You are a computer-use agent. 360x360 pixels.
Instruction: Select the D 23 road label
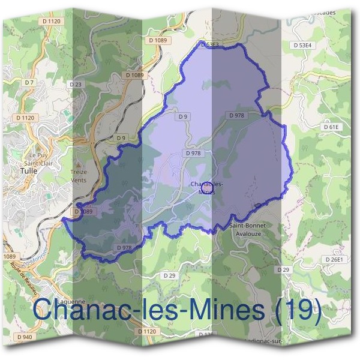tap(75, 85)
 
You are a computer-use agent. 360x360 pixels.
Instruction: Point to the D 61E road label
tap(331, 127)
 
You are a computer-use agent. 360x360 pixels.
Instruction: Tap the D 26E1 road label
tap(335, 259)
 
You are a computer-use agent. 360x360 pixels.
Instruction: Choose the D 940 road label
tap(25, 337)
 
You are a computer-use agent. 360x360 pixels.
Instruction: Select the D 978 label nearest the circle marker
tap(193, 154)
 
